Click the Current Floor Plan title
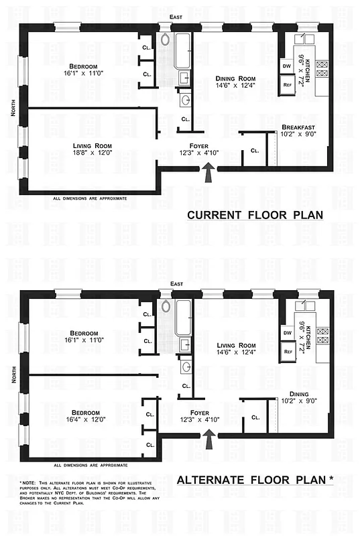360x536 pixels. (x=255, y=216)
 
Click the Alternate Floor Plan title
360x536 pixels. (x=254, y=479)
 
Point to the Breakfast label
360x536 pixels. (x=298, y=127)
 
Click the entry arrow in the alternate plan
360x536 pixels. (x=208, y=439)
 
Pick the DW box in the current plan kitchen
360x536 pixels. (x=287, y=66)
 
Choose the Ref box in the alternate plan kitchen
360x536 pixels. (x=287, y=350)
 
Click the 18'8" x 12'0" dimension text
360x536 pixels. (x=92, y=153)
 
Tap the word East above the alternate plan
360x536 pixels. (x=177, y=285)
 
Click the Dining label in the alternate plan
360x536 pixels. (x=299, y=393)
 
